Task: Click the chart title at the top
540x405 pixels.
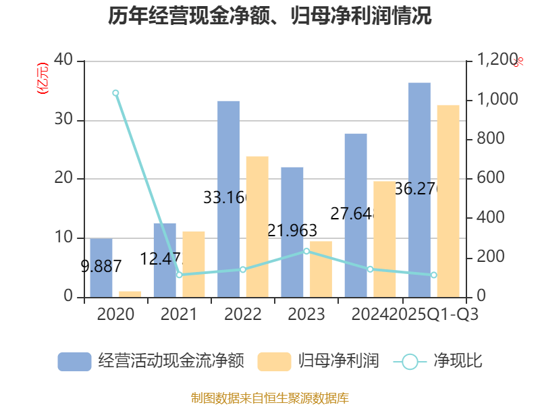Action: [x=270, y=16]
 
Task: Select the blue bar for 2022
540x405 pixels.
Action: [x=228, y=198]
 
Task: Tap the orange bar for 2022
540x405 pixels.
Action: [x=257, y=226]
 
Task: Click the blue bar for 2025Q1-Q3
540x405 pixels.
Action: [x=419, y=189]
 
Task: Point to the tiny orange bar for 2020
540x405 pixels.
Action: [x=130, y=294]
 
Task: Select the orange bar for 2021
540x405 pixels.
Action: [x=194, y=263]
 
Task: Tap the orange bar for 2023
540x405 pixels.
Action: [x=321, y=269]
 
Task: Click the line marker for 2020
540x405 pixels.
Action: [x=115, y=92]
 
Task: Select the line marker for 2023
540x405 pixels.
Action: [x=306, y=251]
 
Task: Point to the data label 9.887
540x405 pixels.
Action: [x=101, y=266]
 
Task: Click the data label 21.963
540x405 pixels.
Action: [x=292, y=231]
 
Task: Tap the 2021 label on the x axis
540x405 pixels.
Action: [x=179, y=314]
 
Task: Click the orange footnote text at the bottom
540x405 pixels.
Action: [x=270, y=398]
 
